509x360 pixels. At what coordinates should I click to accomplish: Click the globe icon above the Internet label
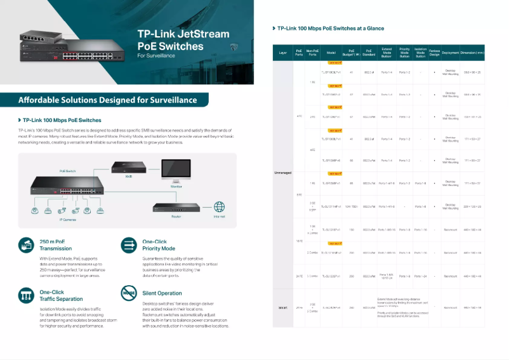(x=219, y=206)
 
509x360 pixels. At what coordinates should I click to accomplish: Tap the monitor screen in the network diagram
(x=176, y=169)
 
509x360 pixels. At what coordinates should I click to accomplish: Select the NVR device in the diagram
(x=127, y=167)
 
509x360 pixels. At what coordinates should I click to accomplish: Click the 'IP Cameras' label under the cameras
(x=69, y=219)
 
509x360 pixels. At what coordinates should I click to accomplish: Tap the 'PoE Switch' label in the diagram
(x=67, y=171)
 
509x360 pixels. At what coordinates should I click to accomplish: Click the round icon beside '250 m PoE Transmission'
(x=26, y=244)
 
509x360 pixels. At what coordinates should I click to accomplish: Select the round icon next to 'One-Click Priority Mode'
(x=129, y=244)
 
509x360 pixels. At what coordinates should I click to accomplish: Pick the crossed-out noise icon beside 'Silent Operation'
(x=129, y=293)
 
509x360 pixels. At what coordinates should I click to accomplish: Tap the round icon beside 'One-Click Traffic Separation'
(x=26, y=294)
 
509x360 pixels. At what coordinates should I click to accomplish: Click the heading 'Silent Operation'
(x=162, y=293)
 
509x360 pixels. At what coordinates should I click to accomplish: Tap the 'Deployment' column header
(x=450, y=53)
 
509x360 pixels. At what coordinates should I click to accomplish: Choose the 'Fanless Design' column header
(x=434, y=53)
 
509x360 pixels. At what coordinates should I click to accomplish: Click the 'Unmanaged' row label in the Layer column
(x=283, y=171)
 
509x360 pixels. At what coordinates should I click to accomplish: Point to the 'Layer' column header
(x=283, y=53)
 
